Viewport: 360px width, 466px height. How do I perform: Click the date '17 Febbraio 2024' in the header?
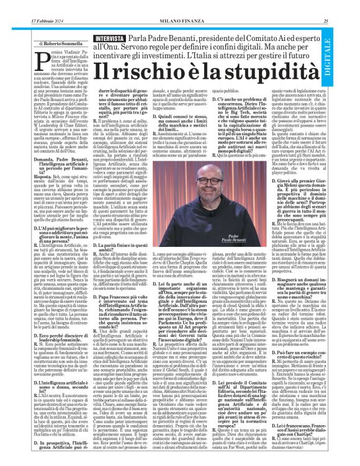(x=27, y=6)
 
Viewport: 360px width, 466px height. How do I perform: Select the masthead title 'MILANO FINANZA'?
(x=181, y=6)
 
